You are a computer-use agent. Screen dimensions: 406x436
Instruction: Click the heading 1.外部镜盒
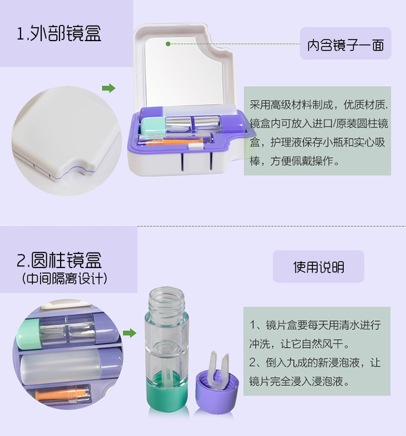(x=59, y=33)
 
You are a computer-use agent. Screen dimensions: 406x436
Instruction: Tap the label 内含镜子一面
(x=345, y=44)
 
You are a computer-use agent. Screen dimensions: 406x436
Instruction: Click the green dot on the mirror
(x=168, y=43)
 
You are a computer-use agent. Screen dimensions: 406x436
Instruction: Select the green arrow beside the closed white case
(x=108, y=88)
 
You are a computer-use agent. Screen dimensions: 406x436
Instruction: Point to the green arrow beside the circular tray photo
(x=129, y=333)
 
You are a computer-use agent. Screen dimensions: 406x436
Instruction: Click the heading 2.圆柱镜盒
(x=59, y=260)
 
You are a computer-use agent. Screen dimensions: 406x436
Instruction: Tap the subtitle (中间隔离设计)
(x=65, y=278)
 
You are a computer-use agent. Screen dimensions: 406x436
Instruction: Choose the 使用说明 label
(x=319, y=267)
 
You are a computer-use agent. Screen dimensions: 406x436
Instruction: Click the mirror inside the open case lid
(x=184, y=73)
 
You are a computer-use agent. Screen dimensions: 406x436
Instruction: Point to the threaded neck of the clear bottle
(x=167, y=299)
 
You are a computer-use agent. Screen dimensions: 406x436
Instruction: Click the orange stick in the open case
(x=170, y=142)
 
